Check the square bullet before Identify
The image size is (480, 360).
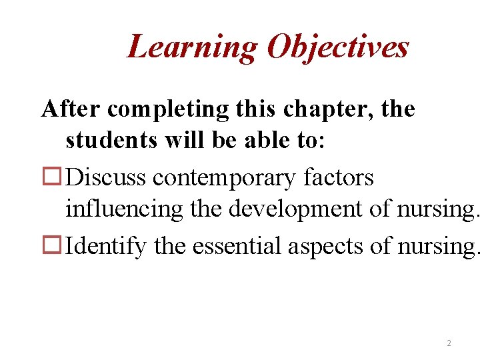tap(52, 246)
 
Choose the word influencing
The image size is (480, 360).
tap(123, 211)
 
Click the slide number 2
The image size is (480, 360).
tap(449, 343)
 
